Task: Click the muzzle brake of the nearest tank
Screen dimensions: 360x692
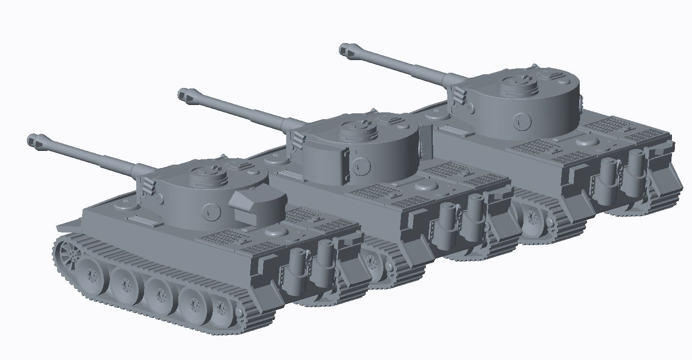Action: pyautogui.click(x=35, y=141)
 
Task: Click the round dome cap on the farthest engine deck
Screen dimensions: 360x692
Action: pyautogui.click(x=587, y=141)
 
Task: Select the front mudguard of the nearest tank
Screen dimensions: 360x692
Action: pyautogui.click(x=68, y=226)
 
